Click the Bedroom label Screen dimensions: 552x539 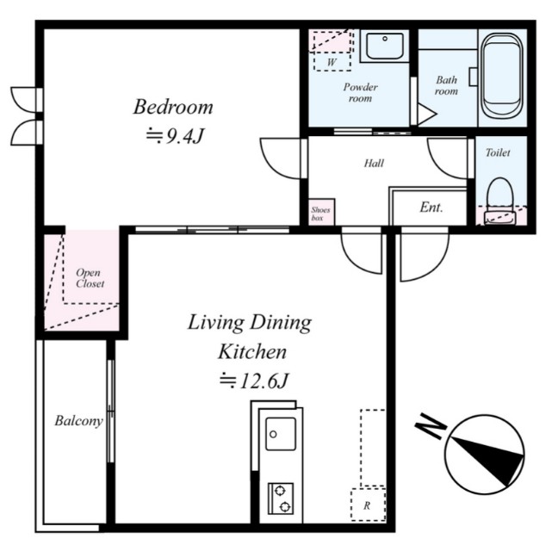173,107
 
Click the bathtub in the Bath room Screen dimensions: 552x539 502,76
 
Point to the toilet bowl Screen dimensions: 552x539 499,201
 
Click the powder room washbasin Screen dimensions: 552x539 384,46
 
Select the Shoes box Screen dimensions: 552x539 321,213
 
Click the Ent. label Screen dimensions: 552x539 431,207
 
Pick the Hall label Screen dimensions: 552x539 374,163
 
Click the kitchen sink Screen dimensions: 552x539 281,434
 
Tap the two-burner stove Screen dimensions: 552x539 281,499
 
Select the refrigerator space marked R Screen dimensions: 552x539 368,505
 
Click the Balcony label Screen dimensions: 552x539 79,421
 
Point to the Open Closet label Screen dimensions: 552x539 90,278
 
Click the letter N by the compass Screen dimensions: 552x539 431,426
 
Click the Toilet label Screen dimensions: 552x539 498,152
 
